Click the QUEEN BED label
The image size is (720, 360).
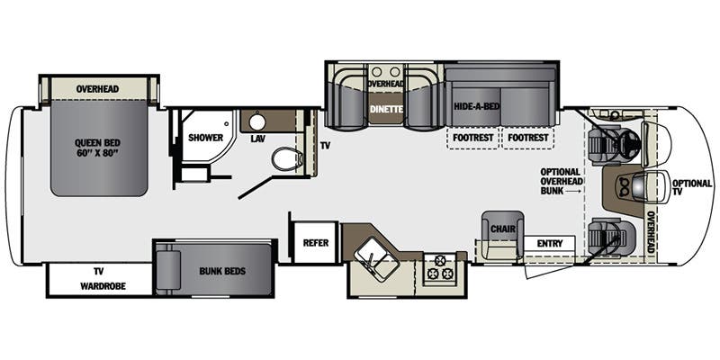click(x=97, y=142)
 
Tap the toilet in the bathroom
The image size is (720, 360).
click(x=287, y=159)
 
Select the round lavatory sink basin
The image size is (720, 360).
click(x=257, y=122)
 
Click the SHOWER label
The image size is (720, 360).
click(x=205, y=138)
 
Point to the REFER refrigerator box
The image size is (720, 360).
click(x=316, y=242)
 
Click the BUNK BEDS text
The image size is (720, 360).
click(x=222, y=271)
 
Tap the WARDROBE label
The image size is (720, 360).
click(x=103, y=286)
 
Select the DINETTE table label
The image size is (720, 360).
click(x=386, y=109)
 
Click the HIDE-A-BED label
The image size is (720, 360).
click(x=477, y=106)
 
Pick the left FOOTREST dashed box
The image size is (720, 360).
click(x=473, y=138)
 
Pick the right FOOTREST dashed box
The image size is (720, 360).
click(x=528, y=138)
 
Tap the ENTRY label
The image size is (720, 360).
click(x=550, y=243)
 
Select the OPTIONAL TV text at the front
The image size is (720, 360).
click(x=692, y=188)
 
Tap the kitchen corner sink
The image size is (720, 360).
click(x=376, y=260)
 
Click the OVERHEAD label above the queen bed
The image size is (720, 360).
click(x=97, y=88)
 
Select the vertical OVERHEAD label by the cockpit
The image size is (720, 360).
click(x=650, y=232)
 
